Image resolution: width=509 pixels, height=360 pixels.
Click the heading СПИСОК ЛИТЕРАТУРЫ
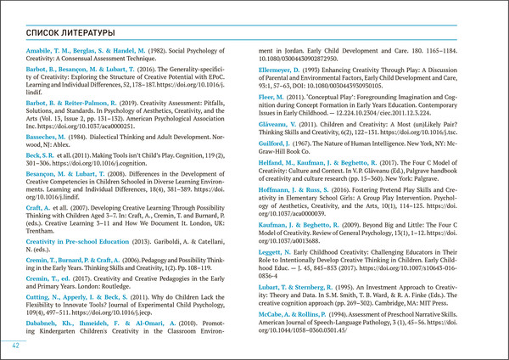70,32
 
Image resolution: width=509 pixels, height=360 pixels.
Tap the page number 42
15,346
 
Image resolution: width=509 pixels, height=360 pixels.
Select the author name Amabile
43,53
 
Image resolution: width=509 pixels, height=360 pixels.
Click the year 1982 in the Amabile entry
156,53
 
